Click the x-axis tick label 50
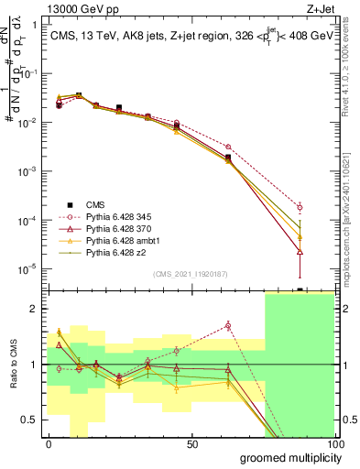[x=191, y=444]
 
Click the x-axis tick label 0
[x=49, y=444]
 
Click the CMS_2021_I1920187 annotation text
[x=191, y=273]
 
